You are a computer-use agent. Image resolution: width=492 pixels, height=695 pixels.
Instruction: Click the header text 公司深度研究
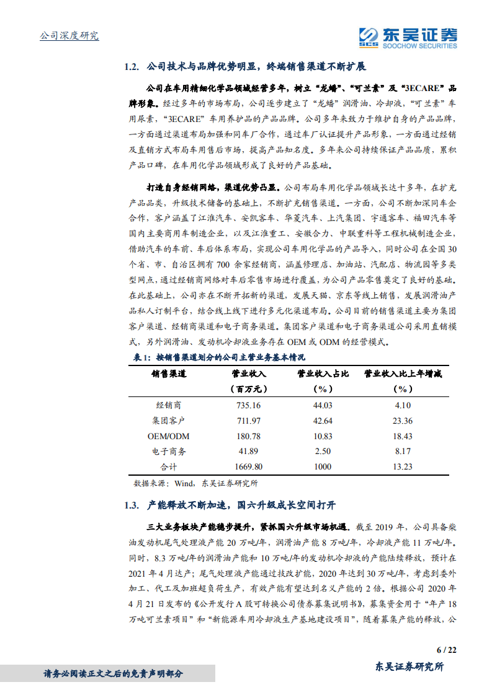69,36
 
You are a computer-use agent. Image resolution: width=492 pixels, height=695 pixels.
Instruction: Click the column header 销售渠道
169,374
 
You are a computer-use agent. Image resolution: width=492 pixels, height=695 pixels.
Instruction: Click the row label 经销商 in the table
169,406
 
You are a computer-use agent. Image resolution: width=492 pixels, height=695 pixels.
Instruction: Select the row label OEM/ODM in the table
169,436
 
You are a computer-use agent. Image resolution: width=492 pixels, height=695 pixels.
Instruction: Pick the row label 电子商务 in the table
169,452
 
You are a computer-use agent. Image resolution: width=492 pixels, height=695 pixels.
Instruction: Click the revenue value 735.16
248,406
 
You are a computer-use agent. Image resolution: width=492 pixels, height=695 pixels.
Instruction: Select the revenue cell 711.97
248,421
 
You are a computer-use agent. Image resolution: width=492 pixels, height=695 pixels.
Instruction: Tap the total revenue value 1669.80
248,467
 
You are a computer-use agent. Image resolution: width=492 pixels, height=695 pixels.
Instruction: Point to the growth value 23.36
403,421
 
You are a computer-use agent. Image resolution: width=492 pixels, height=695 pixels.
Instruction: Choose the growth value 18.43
403,436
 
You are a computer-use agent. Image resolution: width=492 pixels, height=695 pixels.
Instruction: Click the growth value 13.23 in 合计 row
403,467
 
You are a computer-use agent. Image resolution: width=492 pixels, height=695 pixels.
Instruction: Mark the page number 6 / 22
447,650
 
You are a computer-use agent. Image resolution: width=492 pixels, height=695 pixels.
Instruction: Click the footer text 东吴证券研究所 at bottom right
410,667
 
